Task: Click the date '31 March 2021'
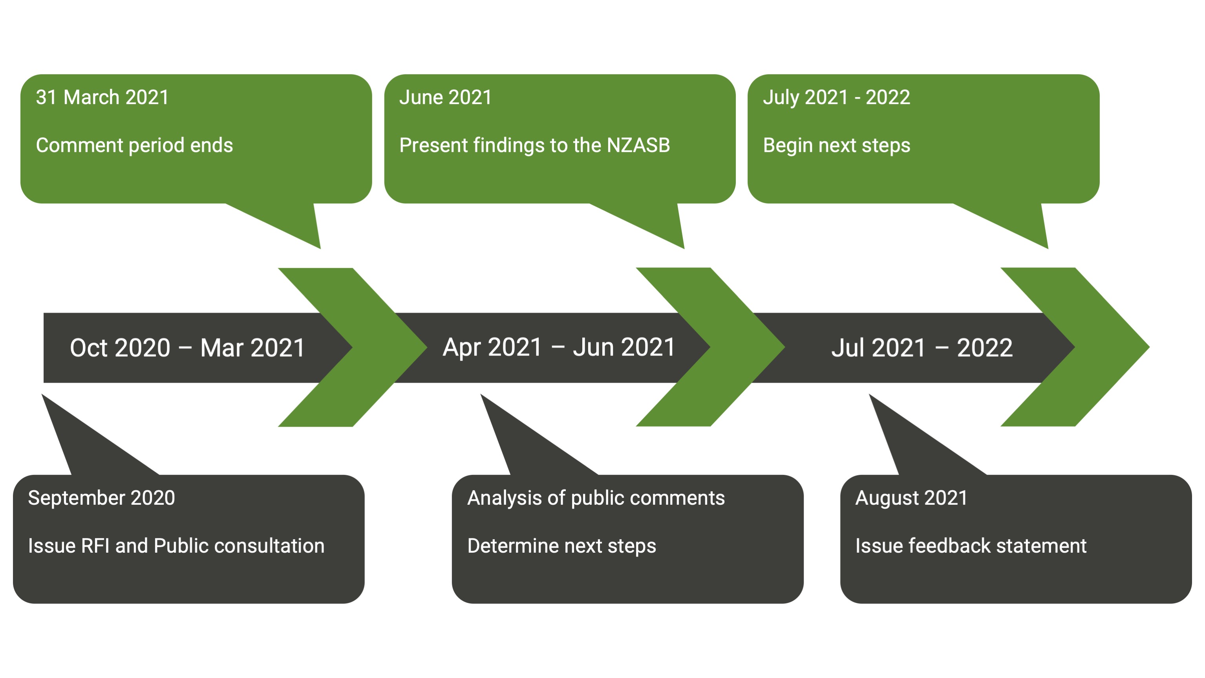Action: coord(102,97)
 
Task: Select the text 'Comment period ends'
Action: coord(134,145)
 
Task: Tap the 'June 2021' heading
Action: coord(445,97)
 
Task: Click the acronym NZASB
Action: coord(638,145)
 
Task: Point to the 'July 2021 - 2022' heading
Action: coord(836,98)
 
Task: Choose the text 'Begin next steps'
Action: coord(836,145)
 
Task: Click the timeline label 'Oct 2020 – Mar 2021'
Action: coord(187,348)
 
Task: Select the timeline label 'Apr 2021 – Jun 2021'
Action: coord(559,347)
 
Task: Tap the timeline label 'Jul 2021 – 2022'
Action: coord(922,348)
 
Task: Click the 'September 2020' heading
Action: coord(102,498)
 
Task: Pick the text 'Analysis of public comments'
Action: coord(596,498)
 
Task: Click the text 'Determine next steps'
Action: coord(561,546)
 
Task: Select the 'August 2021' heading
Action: coord(911,498)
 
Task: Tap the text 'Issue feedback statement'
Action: coord(971,546)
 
